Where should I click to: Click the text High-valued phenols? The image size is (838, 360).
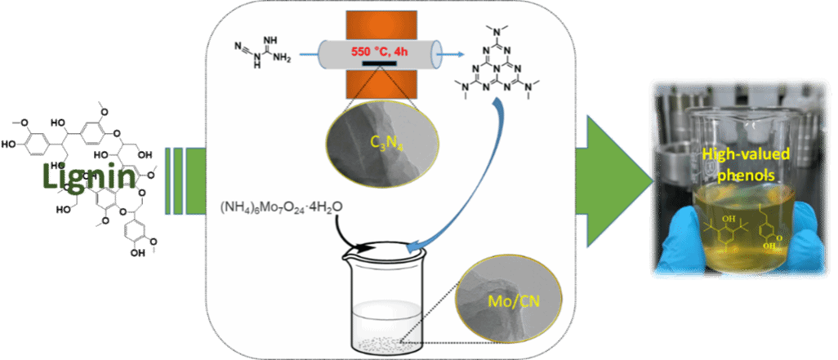(x=738, y=164)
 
